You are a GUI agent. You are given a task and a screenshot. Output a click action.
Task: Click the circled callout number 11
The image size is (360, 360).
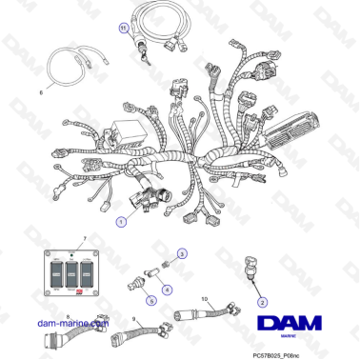click(x=123, y=29)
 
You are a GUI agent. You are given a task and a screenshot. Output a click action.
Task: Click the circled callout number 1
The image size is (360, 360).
click(x=120, y=221)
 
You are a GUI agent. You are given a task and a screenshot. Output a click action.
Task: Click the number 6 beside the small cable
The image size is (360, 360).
click(x=40, y=92)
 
